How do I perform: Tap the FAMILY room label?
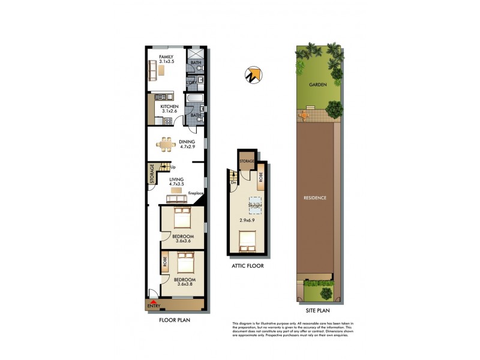[x=166, y=57]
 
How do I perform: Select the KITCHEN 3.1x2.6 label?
[x=169, y=109]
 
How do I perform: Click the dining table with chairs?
[x=166, y=143]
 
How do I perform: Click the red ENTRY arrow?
[x=154, y=302]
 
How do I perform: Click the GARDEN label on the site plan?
[x=317, y=85]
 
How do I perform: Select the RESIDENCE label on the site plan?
[x=314, y=197]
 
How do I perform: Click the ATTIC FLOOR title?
[x=248, y=265]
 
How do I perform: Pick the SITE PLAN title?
[x=315, y=310]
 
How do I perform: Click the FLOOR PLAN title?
[x=175, y=320]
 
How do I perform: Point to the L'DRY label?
[x=192, y=83]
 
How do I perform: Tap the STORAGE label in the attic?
[x=247, y=161]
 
